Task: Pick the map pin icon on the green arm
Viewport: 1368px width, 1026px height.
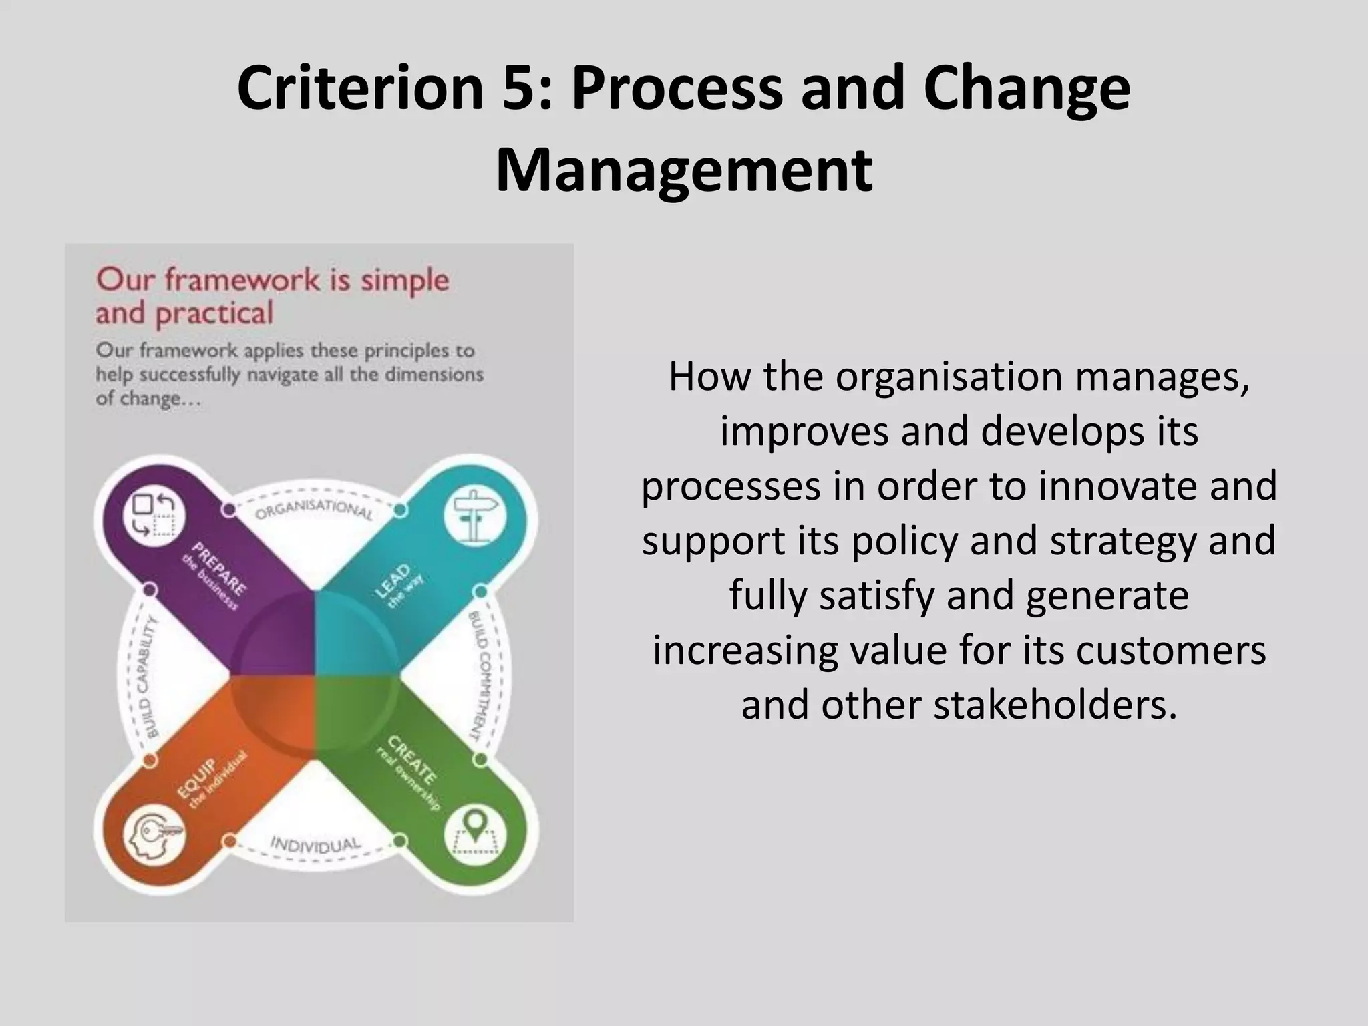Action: point(475,833)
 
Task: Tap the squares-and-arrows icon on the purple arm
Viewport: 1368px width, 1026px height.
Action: point(154,515)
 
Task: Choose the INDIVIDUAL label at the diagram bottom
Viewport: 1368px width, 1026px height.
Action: point(315,844)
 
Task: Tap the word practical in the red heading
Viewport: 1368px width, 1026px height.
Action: point(214,313)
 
